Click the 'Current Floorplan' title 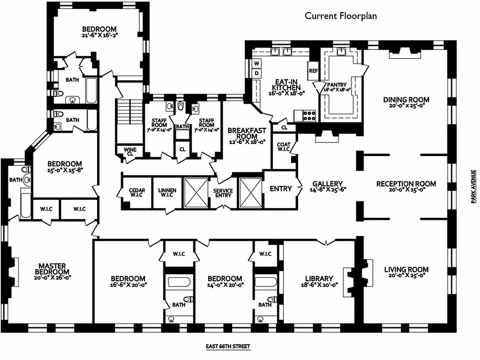point(341,16)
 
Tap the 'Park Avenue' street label point(473,186)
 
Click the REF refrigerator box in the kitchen point(313,71)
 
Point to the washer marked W point(257,63)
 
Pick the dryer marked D point(257,73)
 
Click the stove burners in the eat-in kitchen point(310,115)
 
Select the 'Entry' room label point(281,189)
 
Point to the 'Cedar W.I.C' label point(137,193)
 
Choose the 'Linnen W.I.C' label point(167,193)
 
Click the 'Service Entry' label point(223,193)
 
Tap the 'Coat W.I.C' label point(283,148)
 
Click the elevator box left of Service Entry point(197,193)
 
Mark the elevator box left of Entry point(250,193)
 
